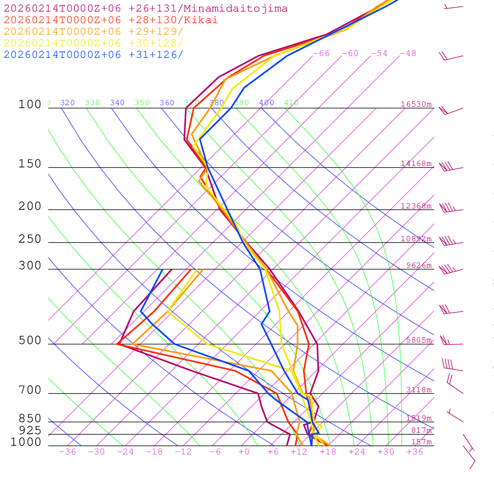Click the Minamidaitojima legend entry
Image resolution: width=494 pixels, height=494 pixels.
pyautogui.click(x=146, y=9)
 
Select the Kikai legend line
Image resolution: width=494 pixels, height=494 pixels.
pyautogui.click(x=111, y=20)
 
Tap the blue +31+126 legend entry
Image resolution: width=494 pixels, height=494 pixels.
pyautogui.click(x=94, y=55)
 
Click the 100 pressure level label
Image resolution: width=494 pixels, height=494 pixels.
pyautogui.click(x=30, y=105)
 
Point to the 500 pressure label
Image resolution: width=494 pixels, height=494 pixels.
pyautogui.click(x=30, y=341)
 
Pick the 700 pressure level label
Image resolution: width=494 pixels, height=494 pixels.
pyautogui.click(x=30, y=390)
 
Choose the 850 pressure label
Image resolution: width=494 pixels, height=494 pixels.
pyautogui.click(x=30, y=419)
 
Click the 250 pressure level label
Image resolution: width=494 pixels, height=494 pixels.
pyautogui.click(x=30, y=239)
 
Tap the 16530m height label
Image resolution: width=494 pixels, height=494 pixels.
pyautogui.click(x=416, y=104)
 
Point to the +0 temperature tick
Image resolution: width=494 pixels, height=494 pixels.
pyautogui.click(x=244, y=452)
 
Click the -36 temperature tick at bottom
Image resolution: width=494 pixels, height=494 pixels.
pyautogui.click(x=68, y=452)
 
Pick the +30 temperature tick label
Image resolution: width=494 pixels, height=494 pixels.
pyautogui.click(x=386, y=452)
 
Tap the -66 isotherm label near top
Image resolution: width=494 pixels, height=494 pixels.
pyautogui.click(x=321, y=54)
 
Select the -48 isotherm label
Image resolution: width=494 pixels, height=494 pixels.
pyautogui.click(x=408, y=54)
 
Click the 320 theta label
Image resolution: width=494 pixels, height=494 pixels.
pyautogui.click(x=68, y=103)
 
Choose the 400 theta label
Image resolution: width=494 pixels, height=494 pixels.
pyautogui.click(x=266, y=103)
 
